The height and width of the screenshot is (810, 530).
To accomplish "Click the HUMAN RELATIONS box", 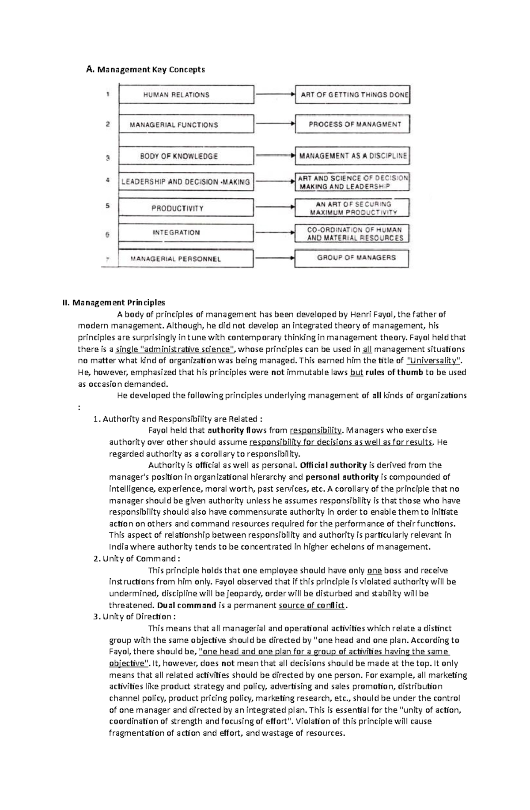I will (x=186, y=94).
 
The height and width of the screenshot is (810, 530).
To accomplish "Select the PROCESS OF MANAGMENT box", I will (x=352, y=124).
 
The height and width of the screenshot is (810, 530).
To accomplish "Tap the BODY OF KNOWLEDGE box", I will (x=186, y=156).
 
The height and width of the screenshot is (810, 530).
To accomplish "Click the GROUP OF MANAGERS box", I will (x=352, y=258).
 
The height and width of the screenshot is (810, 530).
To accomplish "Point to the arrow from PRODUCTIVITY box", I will (x=274, y=207).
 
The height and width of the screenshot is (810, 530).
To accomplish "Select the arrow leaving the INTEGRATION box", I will (x=274, y=232).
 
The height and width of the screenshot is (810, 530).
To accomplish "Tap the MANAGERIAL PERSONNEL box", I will (x=186, y=259).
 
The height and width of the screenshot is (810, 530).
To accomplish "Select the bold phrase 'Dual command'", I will (x=186, y=605).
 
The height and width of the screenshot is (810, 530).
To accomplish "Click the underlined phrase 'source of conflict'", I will (x=312, y=605).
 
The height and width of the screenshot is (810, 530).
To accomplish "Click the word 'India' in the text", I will (x=118, y=547).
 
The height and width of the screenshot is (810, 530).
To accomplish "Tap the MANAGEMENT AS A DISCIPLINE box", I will (x=352, y=156).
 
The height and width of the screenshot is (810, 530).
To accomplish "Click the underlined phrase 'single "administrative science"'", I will (x=173, y=349).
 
